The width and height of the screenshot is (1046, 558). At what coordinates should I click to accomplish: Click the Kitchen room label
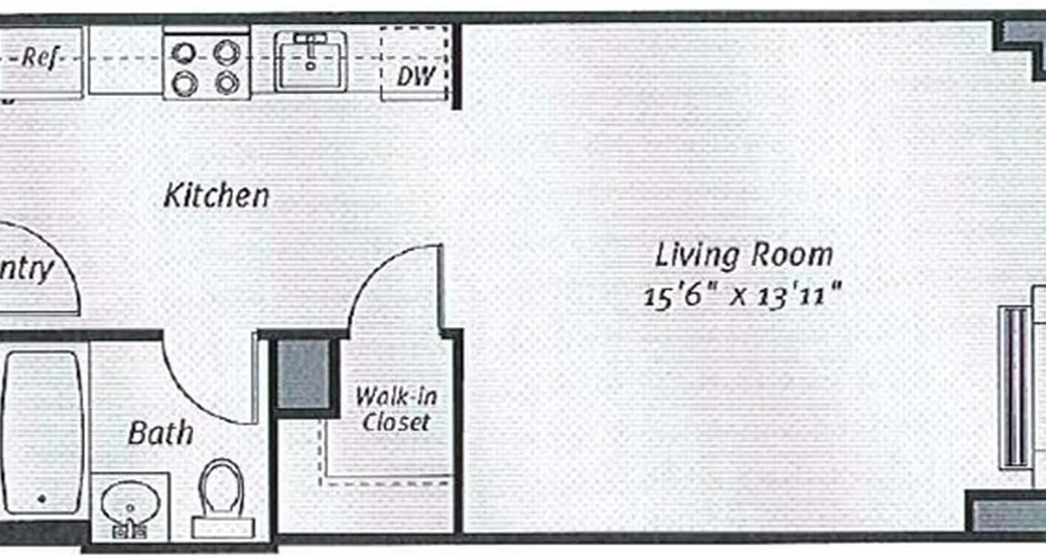[x=215, y=196]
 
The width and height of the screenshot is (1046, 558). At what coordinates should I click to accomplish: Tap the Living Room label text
[x=743, y=255]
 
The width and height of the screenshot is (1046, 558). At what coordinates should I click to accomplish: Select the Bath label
[x=160, y=433]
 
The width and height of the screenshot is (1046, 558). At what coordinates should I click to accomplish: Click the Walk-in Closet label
[x=395, y=409]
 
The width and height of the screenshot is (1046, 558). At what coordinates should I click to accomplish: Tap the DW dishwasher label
[x=416, y=76]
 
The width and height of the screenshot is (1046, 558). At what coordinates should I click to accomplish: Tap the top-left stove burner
[x=184, y=53]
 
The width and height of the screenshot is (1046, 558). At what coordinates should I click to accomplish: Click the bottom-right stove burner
[x=227, y=83]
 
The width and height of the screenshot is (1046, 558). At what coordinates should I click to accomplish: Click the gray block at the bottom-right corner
[x=1008, y=513]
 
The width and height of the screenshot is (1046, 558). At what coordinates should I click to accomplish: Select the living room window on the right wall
[x=1017, y=387]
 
